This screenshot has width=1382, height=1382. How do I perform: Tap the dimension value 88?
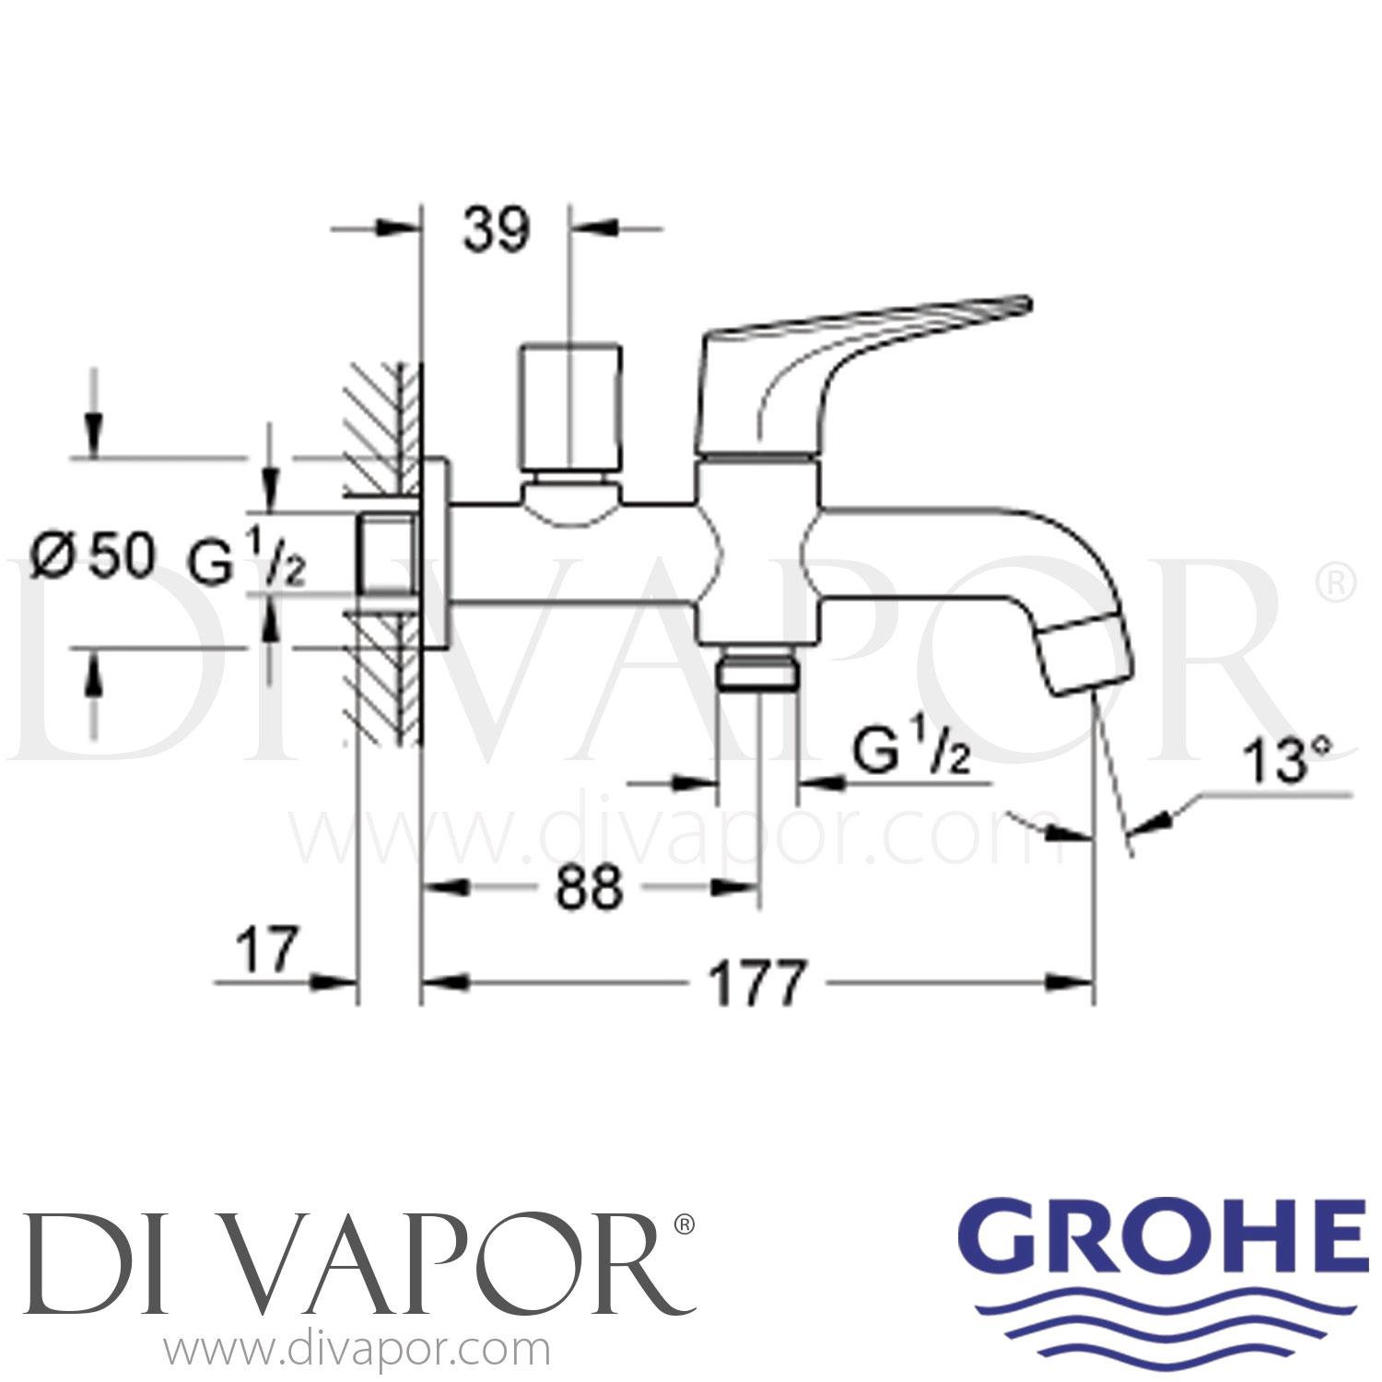coord(589,889)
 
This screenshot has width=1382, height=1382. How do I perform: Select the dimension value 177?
coord(758,983)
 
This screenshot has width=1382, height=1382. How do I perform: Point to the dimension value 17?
coord(268,949)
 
